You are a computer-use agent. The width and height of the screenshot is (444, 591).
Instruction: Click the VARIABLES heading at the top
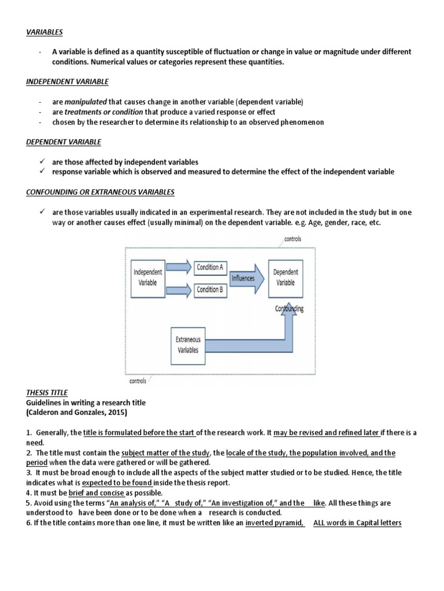(x=44, y=33)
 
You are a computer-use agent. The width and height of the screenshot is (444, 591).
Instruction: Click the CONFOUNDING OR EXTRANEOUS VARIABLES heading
(x=100, y=192)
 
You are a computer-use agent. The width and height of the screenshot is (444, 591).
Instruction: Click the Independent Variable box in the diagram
(x=148, y=278)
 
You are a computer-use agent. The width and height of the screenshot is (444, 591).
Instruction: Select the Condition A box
(x=210, y=267)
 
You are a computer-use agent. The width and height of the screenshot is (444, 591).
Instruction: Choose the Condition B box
(x=210, y=289)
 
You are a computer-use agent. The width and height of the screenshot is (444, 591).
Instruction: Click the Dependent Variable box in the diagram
(x=286, y=278)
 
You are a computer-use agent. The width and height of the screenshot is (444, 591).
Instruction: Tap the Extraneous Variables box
(x=188, y=345)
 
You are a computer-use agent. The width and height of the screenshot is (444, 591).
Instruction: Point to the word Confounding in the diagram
(x=289, y=309)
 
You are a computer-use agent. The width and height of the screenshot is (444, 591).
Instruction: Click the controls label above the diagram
(x=293, y=238)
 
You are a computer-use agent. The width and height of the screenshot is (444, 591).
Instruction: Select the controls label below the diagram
(x=138, y=381)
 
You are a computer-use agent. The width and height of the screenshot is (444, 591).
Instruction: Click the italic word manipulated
(x=86, y=102)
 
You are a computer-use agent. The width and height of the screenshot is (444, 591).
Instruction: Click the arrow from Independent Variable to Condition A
(x=180, y=267)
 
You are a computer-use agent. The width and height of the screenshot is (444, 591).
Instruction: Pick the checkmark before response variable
(x=42, y=171)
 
